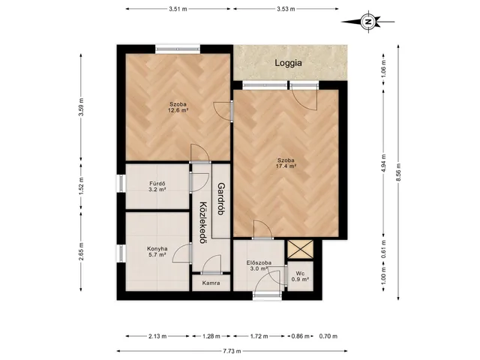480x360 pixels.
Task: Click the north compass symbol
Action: coord(368,22)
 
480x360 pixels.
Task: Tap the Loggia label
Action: coord(288,63)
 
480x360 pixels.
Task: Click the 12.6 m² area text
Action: coord(178,110)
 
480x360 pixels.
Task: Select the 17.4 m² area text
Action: coord(286,166)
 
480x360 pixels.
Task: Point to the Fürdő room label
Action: coord(157,184)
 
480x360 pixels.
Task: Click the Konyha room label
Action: coord(157,248)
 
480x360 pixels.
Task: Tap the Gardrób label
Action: coord(221,199)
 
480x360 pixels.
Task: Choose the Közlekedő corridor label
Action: coord(202,222)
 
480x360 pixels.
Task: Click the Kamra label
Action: coord(211,283)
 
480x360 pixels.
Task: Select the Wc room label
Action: coord(300,274)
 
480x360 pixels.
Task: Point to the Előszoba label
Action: coord(259,262)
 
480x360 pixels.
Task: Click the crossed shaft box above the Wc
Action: coord(301,249)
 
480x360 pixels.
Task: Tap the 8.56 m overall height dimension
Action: coord(398,172)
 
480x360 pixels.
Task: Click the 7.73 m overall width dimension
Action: coord(232,351)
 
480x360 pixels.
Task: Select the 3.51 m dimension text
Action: coord(178,9)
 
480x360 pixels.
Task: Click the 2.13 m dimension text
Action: coord(157,336)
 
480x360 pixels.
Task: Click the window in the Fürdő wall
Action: coord(121,184)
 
